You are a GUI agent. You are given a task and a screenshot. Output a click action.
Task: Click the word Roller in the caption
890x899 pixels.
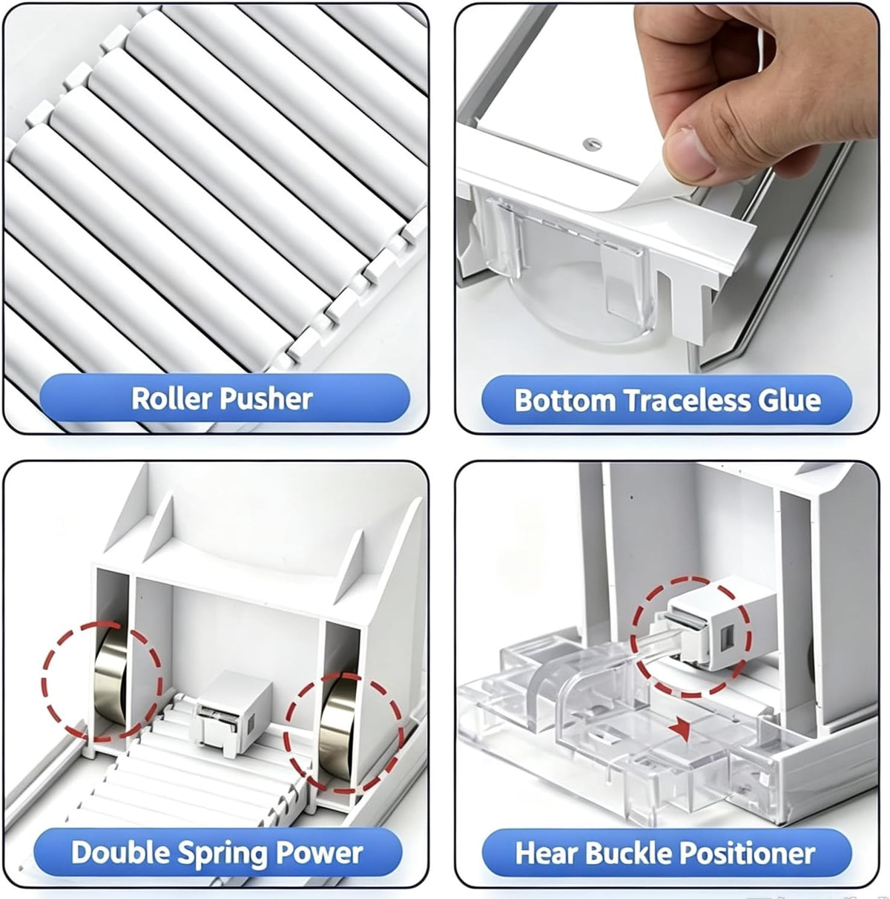pos(172,399)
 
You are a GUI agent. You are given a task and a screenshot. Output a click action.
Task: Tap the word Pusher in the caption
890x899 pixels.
pos(266,400)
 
